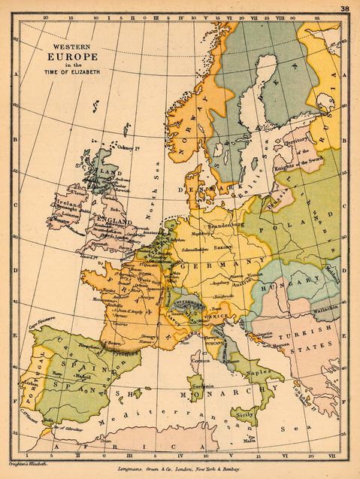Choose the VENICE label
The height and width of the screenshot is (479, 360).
(217, 318)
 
